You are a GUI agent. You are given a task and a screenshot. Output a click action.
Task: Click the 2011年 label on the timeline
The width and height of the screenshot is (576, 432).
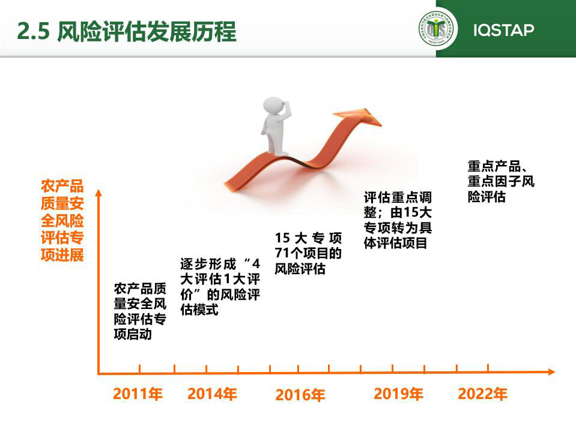coord(138,394)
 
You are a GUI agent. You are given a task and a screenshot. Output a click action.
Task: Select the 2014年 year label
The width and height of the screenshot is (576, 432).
coord(212,394)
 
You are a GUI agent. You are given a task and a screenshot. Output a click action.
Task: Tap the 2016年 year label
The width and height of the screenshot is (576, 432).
coord(300,395)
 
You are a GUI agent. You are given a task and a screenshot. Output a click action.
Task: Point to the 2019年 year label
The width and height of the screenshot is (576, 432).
coord(399,394)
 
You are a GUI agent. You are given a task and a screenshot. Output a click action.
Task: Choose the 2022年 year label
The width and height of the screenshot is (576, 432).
coord(482,394)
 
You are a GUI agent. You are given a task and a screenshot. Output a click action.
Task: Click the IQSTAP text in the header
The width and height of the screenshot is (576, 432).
coord(504,30)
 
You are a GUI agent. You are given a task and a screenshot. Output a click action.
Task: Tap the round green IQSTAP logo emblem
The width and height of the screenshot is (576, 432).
coord(437,29)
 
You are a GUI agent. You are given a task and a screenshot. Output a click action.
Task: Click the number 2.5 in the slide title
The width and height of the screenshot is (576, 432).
coord(33,31)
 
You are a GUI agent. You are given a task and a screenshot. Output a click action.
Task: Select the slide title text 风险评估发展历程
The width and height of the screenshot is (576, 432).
coord(147,31)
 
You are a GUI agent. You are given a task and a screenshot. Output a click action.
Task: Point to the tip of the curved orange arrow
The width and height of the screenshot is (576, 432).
coord(381,125)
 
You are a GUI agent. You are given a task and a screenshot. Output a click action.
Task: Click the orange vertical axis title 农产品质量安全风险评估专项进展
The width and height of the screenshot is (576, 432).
coord(62,220)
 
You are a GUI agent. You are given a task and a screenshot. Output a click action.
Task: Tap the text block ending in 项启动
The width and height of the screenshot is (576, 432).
coord(140,311)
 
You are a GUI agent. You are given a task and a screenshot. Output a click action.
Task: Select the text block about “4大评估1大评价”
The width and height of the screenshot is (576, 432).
coord(220,286)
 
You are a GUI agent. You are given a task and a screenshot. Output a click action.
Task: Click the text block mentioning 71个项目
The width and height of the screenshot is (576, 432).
coord(308,253)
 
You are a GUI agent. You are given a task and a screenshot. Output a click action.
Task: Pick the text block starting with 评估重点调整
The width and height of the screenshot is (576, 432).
coord(398,220)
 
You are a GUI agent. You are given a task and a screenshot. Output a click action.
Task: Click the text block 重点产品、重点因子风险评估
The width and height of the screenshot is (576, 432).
coord(501,182)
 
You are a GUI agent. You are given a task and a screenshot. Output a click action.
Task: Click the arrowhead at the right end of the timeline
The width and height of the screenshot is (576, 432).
coord(551,372)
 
